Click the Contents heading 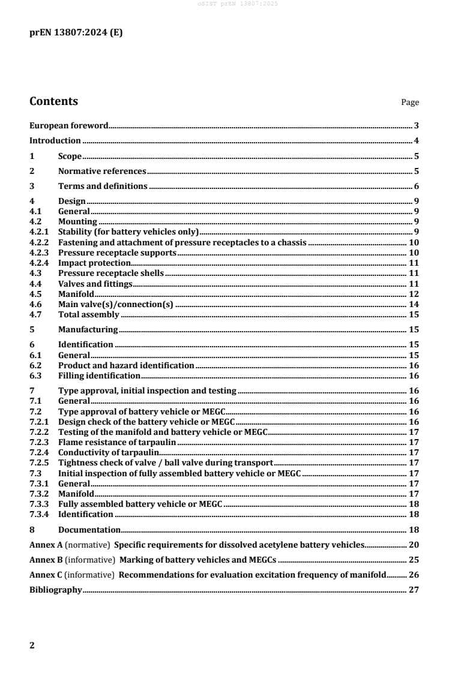click(53, 101)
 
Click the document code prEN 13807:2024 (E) click(76, 33)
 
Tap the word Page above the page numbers click(410, 103)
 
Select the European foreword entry click(69, 126)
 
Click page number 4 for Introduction click(416, 141)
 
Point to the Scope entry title click(70, 157)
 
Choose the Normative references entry click(101, 172)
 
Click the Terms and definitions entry click(103, 187)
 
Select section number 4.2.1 click(39, 232)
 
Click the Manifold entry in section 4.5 click(76, 294)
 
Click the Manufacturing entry click(88, 329)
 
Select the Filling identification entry click(99, 375)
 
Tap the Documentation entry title click(89, 530)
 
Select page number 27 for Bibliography click(414, 590)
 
